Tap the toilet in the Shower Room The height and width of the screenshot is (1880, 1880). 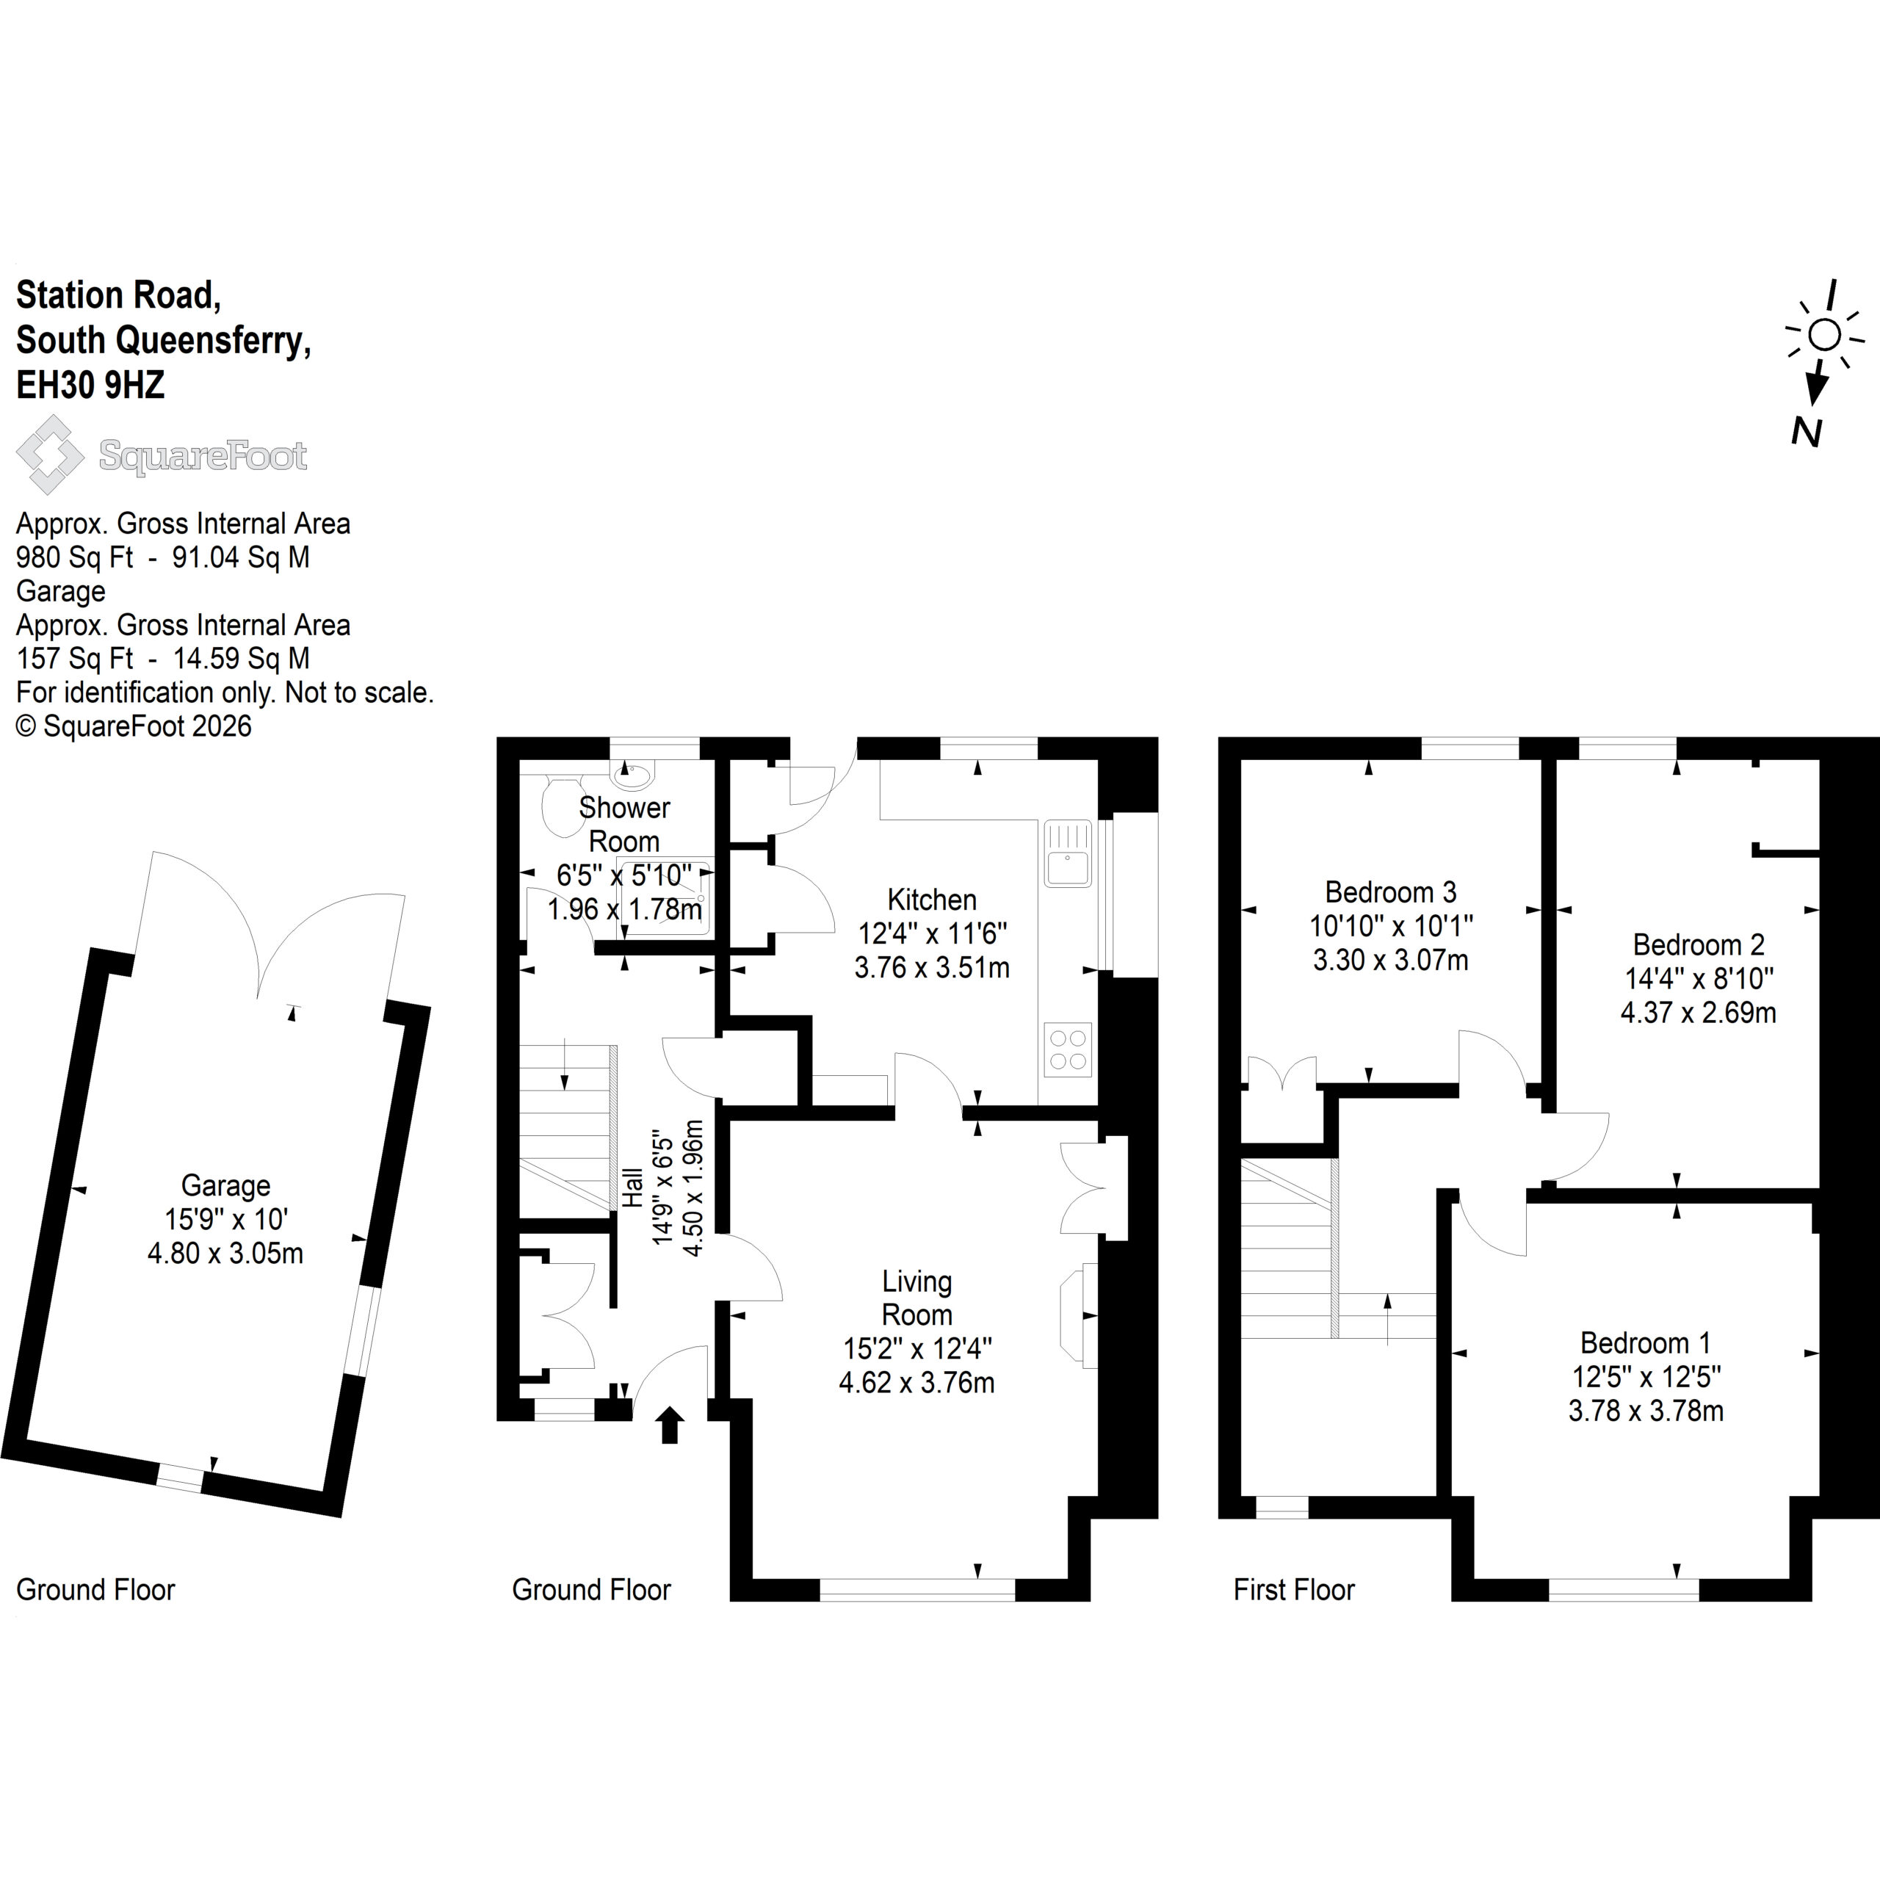pyautogui.click(x=563, y=806)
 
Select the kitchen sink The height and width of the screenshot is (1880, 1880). pyautogui.click(x=1068, y=853)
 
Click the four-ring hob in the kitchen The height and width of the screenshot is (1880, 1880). pyautogui.click(x=1068, y=1049)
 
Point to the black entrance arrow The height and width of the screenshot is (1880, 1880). pyautogui.click(x=670, y=1425)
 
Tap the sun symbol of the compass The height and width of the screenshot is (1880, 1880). pyautogui.click(x=1824, y=336)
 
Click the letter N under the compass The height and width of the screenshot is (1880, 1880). pyautogui.click(x=1807, y=431)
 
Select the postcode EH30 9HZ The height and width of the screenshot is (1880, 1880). pyautogui.click(x=90, y=386)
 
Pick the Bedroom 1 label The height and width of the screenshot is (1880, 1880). pyautogui.click(x=1646, y=1343)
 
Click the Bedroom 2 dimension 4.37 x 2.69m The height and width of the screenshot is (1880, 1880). pyautogui.click(x=1698, y=1012)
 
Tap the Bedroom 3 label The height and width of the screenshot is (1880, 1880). pyautogui.click(x=1390, y=892)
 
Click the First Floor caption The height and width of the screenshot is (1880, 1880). pyautogui.click(x=1293, y=1589)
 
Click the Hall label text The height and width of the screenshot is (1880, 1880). pyautogui.click(x=632, y=1188)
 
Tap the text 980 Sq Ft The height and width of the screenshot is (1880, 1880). pyautogui.click(x=75, y=557)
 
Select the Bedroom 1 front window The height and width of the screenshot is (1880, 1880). pyautogui.click(x=1623, y=1589)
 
